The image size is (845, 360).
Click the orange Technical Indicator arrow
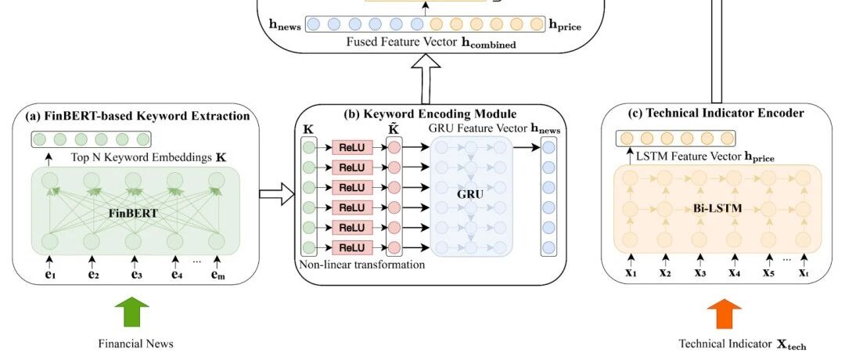(725, 314)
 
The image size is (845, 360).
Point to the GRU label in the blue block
(470, 195)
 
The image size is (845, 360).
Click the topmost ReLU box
(352, 148)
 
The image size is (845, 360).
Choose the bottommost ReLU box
(352, 248)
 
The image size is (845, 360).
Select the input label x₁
(631, 272)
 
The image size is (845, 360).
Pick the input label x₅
(768, 272)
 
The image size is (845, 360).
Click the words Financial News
(136, 344)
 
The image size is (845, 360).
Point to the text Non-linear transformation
(362, 265)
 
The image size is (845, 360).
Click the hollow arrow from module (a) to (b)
(276, 194)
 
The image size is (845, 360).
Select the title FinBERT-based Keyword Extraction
(138, 116)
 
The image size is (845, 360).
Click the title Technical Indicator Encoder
(716, 113)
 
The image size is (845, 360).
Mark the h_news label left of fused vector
(285, 25)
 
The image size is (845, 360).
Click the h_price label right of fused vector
(565, 25)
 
